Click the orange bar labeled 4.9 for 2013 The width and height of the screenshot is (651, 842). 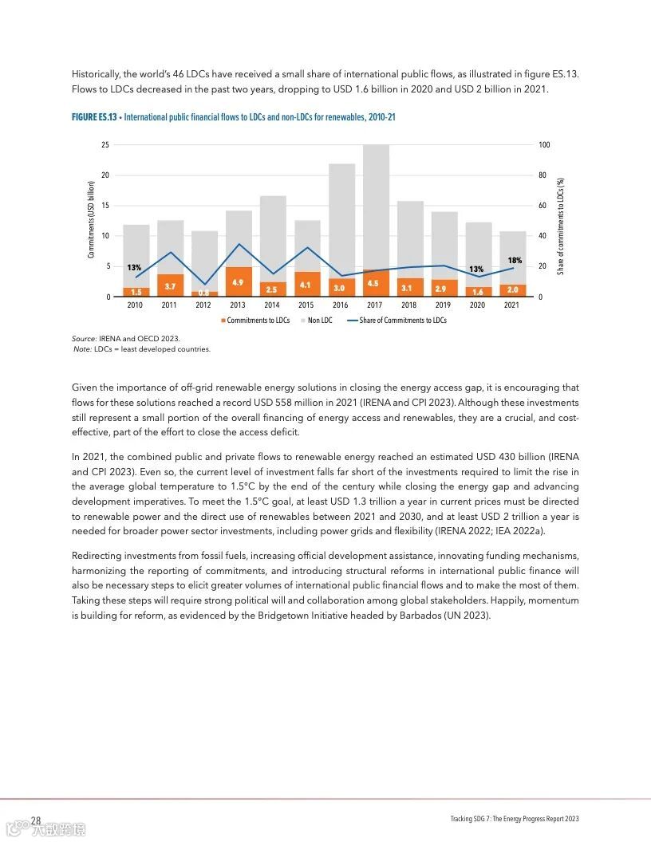238,282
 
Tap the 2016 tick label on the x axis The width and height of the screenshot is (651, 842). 340,305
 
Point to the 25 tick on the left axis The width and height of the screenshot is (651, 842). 105,145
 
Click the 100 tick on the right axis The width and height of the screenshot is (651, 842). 545,145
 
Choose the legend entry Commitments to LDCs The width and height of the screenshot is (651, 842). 255,321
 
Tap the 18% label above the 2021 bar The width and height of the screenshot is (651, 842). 515,261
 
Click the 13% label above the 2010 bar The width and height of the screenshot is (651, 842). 134,267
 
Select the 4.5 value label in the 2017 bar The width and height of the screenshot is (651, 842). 373,284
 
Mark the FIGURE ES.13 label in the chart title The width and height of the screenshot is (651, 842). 94,117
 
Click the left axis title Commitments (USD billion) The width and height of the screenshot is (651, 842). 91,219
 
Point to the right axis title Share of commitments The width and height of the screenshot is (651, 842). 561,226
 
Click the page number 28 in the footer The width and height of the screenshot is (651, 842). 36,820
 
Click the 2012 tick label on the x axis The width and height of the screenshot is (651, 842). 203,305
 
